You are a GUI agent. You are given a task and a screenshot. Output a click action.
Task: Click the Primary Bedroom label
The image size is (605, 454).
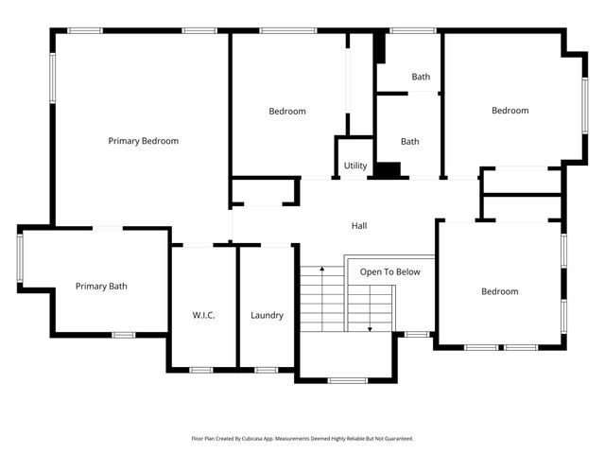(x=143, y=141)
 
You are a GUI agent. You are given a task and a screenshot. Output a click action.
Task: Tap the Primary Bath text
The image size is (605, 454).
(x=101, y=287)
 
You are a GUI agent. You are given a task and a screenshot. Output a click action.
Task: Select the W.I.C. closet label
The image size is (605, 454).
(x=203, y=315)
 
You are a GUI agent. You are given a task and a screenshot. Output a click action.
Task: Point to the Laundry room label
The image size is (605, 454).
(x=267, y=315)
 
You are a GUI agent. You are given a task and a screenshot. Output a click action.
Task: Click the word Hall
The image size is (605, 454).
(x=359, y=226)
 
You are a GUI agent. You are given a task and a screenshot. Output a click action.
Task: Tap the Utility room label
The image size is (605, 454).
(x=355, y=166)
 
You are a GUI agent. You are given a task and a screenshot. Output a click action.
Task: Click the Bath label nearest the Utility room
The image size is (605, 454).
(x=409, y=142)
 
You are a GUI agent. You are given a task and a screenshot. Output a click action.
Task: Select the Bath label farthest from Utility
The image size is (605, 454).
(x=421, y=77)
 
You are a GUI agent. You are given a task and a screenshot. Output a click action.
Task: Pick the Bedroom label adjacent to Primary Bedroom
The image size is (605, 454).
(x=287, y=112)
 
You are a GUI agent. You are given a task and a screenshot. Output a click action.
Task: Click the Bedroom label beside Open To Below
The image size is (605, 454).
(x=499, y=291)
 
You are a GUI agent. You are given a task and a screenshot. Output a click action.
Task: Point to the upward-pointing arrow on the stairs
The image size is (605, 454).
(x=323, y=271)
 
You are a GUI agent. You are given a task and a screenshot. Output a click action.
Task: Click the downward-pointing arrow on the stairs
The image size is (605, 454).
(x=370, y=327)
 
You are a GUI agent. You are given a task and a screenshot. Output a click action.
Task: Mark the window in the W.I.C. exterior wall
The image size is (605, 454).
(x=201, y=369)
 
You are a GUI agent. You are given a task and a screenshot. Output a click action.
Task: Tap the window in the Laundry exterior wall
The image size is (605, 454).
(x=266, y=369)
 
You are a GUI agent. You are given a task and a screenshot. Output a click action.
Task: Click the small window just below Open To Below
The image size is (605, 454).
(x=416, y=334)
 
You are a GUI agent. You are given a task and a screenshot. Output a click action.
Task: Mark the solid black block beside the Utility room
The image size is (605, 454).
(x=388, y=170)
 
